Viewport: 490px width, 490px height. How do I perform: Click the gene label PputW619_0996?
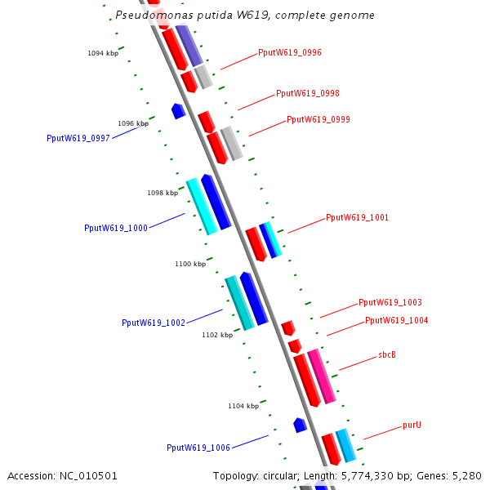coord(290,52)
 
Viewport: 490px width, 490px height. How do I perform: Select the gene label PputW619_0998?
coord(308,93)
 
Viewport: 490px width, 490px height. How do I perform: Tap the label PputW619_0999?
coord(318,119)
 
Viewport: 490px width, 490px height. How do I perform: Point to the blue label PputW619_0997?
coord(78,138)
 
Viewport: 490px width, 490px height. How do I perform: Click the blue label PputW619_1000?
coord(116,228)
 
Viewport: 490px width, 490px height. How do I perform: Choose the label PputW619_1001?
coord(357,217)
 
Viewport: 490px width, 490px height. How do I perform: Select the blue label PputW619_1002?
coord(154,323)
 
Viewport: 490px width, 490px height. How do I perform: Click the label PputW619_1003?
coord(390,302)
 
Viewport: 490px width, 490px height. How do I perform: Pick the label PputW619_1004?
coord(396,320)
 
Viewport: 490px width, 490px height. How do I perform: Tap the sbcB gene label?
coord(387,355)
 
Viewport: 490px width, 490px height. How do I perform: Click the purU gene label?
coord(412,425)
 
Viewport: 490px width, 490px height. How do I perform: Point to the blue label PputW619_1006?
coord(198,448)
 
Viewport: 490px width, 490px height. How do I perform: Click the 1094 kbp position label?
coord(103,53)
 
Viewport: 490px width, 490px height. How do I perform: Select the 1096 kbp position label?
coord(133,123)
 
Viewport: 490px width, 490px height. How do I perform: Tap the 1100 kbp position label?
coord(190,264)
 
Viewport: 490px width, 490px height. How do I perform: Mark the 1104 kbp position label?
coord(243,405)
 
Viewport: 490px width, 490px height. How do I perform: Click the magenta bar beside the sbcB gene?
coord(322,376)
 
